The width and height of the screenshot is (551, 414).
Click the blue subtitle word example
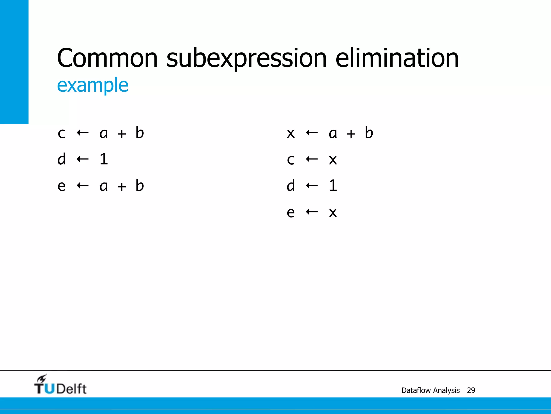(x=93, y=85)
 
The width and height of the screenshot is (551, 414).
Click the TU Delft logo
(x=60, y=385)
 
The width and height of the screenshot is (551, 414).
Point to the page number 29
(x=471, y=390)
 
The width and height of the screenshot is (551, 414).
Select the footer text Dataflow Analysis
(x=430, y=390)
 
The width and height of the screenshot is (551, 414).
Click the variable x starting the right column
(x=291, y=133)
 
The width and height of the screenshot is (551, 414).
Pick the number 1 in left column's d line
(x=104, y=159)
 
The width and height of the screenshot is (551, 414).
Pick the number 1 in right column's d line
(x=333, y=185)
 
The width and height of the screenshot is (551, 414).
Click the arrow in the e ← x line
(x=312, y=212)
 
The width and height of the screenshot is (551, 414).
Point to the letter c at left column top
(x=62, y=133)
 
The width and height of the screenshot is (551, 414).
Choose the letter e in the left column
(x=62, y=186)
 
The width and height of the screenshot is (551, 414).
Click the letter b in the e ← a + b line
(x=140, y=185)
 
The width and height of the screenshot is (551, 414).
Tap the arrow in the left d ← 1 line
(x=83, y=159)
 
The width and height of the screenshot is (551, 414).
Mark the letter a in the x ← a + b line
(x=333, y=133)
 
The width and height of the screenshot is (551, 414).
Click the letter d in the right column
(x=291, y=185)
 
